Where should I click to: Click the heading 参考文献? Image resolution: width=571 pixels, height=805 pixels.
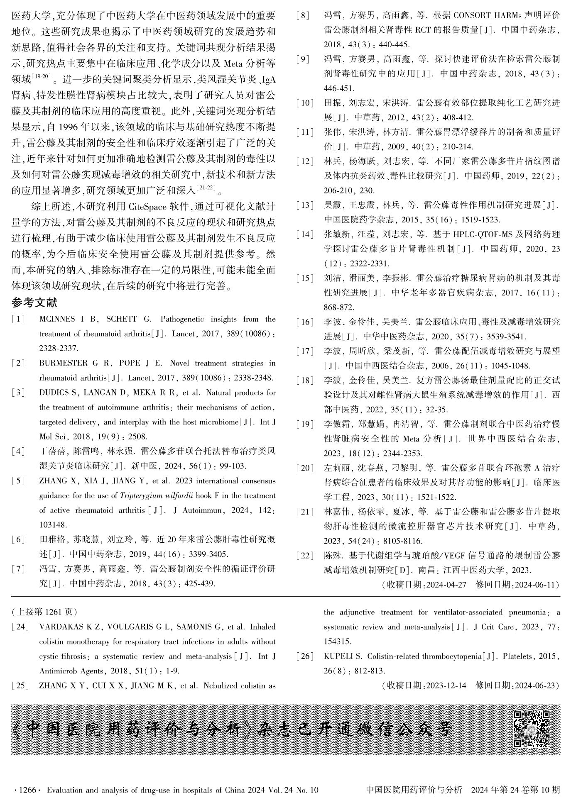click(34, 303)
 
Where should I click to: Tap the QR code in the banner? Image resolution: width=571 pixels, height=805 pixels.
click(532, 729)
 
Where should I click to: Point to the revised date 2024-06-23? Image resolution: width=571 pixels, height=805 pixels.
click(536, 685)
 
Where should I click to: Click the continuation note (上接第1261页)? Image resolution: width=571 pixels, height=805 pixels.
click(44, 612)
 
